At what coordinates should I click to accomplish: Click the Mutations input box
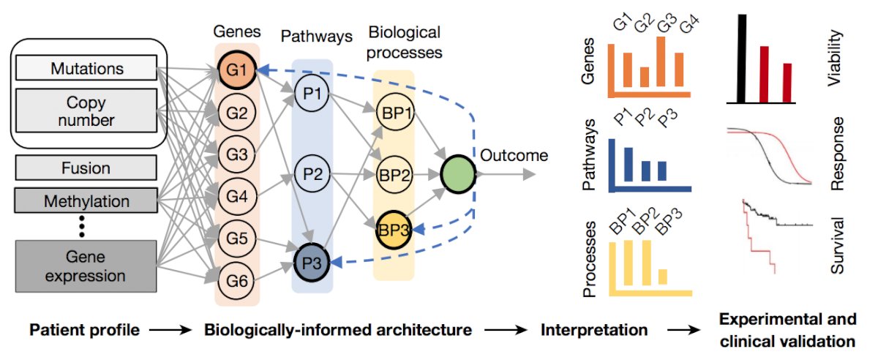coord(86,68)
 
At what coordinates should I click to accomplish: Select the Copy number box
coord(86,110)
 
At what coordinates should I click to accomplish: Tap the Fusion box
coord(86,168)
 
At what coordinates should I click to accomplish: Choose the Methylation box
coord(86,200)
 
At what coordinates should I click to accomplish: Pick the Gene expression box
coord(86,266)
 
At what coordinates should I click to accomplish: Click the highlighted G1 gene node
coord(237,70)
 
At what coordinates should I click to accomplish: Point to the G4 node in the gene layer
coord(237,195)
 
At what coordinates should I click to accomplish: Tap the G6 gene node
coord(237,280)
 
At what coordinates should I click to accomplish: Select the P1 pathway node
coord(312,93)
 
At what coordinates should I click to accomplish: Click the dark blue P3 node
coord(312,263)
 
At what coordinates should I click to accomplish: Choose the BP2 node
coord(394,174)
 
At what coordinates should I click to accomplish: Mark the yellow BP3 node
coord(394,230)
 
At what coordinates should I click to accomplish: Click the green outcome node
coord(458,174)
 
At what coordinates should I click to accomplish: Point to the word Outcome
coord(514,155)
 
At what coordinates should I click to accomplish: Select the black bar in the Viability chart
coord(742,59)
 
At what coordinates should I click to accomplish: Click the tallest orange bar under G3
coord(661,61)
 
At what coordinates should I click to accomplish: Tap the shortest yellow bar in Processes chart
coord(662,277)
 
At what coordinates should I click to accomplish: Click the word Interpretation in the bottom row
coord(594,330)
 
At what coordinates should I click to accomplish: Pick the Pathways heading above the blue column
coord(316,36)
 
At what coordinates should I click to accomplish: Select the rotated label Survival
coord(837,245)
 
